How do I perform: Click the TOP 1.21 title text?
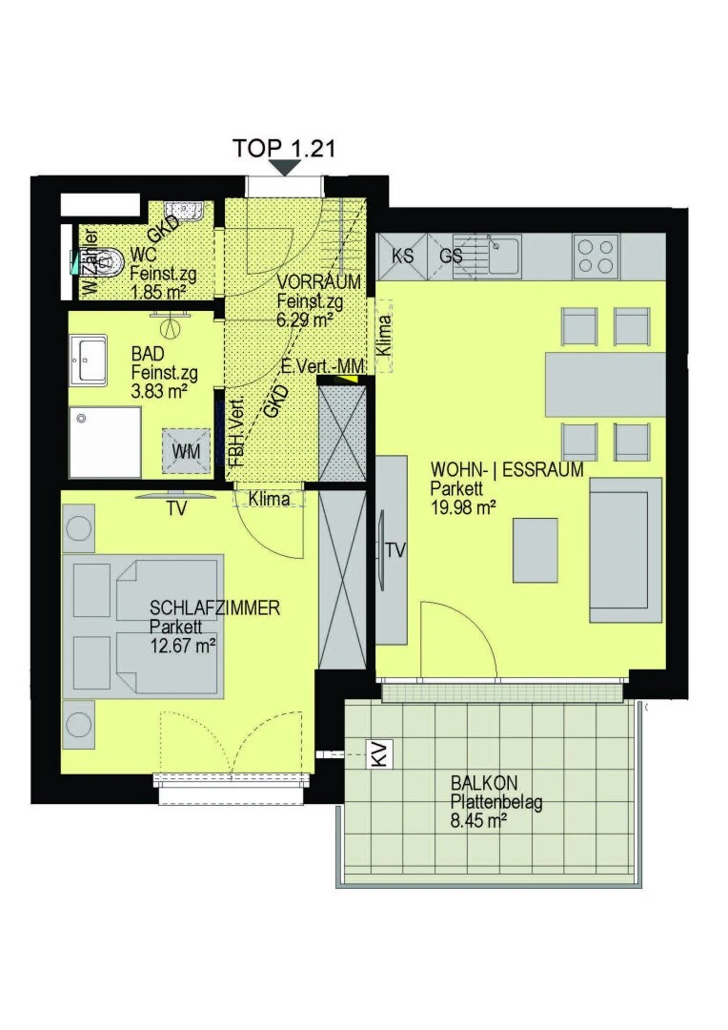(284, 148)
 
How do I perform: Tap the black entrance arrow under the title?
(284, 168)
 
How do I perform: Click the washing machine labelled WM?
(186, 450)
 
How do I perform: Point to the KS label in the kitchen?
(402, 255)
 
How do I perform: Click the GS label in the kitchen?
(451, 255)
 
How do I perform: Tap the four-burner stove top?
(596, 257)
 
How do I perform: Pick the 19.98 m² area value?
(463, 506)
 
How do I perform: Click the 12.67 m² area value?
(183, 646)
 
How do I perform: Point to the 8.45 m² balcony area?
(478, 820)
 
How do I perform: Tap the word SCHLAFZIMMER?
(214, 608)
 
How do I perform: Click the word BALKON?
(484, 783)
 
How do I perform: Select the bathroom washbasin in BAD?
(88, 360)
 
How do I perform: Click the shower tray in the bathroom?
(105, 443)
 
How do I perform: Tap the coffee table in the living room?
(535, 550)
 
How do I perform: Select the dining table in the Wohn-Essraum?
(604, 385)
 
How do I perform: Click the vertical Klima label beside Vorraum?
(384, 337)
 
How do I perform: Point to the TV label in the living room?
(395, 550)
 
